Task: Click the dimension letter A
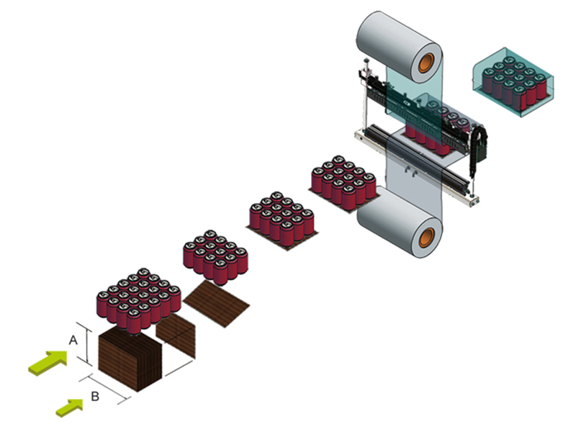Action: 72,338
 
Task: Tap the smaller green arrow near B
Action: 71,407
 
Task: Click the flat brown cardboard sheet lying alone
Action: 217,302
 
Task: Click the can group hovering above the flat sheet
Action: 216,254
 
